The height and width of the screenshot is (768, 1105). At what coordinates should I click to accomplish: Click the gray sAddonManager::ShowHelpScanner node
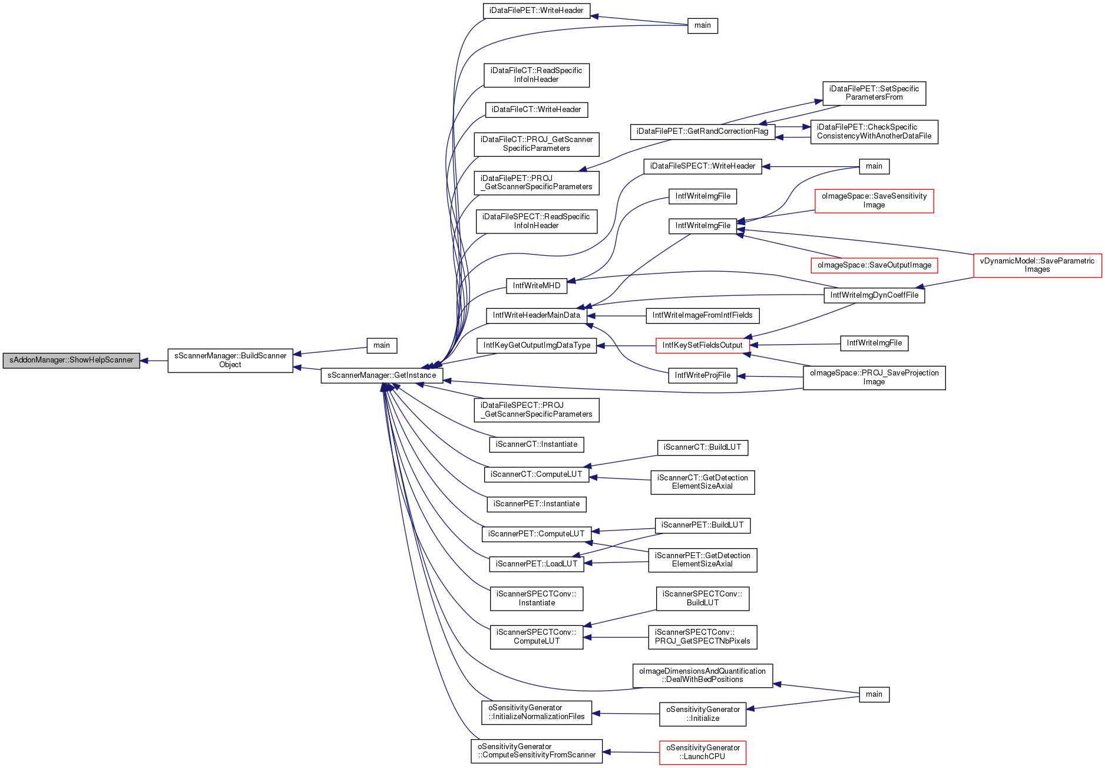pos(71,360)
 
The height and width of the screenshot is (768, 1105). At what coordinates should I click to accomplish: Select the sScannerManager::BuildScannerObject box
pos(230,360)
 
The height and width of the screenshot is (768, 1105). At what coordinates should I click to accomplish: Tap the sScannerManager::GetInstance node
pos(382,375)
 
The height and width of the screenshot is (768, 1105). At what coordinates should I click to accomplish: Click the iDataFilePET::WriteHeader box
pos(537,11)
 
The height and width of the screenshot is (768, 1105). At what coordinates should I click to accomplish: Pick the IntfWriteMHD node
pos(537,286)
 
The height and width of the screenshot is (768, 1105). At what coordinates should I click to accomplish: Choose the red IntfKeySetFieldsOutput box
pos(702,345)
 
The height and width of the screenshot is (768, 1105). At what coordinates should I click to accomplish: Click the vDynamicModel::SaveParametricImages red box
pos(1037,265)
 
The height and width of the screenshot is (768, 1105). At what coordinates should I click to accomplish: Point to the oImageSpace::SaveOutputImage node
pos(874,265)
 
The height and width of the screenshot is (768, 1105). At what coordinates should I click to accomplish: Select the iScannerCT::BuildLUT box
pos(703,447)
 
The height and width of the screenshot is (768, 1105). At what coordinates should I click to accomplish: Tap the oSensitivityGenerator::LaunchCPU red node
pos(703,753)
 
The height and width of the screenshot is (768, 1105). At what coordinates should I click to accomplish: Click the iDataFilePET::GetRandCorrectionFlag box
pos(703,131)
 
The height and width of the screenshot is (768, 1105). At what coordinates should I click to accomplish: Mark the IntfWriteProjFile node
pos(703,375)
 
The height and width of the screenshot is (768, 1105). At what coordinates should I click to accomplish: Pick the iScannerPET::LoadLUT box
pos(537,564)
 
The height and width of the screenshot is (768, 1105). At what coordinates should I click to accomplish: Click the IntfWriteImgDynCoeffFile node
pos(874,295)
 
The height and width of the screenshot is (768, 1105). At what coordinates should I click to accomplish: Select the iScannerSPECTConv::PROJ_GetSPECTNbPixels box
pos(703,637)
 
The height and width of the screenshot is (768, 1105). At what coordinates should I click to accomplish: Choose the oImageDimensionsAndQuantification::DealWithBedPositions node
pos(703,675)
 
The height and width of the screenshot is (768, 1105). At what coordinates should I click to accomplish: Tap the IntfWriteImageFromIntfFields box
pos(703,315)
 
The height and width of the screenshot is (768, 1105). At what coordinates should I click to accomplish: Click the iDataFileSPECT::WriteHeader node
pos(703,166)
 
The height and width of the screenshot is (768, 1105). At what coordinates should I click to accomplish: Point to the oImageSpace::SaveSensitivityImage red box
pos(874,201)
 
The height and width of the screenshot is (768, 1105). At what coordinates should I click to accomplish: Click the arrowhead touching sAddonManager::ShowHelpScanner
pos(144,361)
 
